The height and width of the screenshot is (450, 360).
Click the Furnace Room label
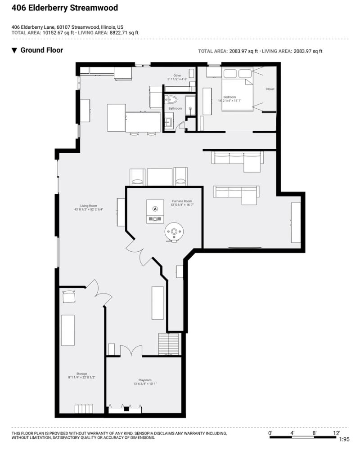click(182, 201)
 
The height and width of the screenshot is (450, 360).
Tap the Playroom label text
click(145, 380)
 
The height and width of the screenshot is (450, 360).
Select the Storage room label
click(81, 374)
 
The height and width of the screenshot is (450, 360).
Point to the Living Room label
click(89, 206)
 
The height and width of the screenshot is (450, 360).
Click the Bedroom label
click(229, 97)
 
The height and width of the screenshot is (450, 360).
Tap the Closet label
click(270, 89)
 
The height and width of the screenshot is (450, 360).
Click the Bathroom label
click(175, 108)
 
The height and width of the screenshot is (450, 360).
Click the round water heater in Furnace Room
click(174, 232)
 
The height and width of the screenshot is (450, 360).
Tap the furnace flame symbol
click(155, 209)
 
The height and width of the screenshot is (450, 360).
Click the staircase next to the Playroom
click(169, 344)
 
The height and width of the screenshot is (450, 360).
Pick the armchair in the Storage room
click(69, 296)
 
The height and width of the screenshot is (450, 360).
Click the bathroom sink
click(168, 122)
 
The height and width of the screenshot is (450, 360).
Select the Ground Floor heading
click(42, 50)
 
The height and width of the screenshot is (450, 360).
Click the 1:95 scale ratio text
click(344, 439)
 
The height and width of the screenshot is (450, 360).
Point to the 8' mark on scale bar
click(315, 433)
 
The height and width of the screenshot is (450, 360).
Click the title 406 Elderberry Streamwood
click(65, 8)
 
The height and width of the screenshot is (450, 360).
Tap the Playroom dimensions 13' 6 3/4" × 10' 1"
click(145, 384)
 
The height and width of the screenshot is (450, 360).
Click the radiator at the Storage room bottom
click(84, 409)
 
